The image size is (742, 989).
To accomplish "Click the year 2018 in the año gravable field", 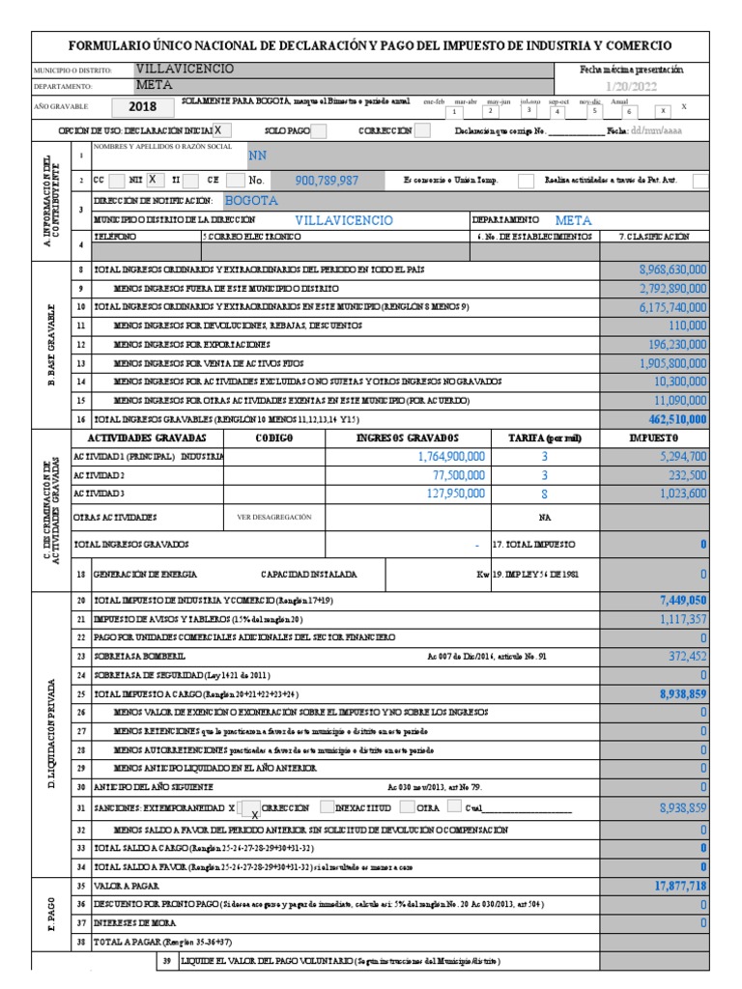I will pyautogui.click(x=141, y=107).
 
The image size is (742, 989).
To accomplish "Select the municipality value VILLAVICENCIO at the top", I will pyautogui.click(x=185, y=71).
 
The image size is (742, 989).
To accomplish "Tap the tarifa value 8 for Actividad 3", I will pyautogui.click(x=545, y=494).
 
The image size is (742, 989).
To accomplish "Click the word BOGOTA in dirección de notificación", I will pyautogui.click(x=250, y=201).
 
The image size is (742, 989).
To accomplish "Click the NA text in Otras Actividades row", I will pyautogui.click(x=545, y=518).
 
